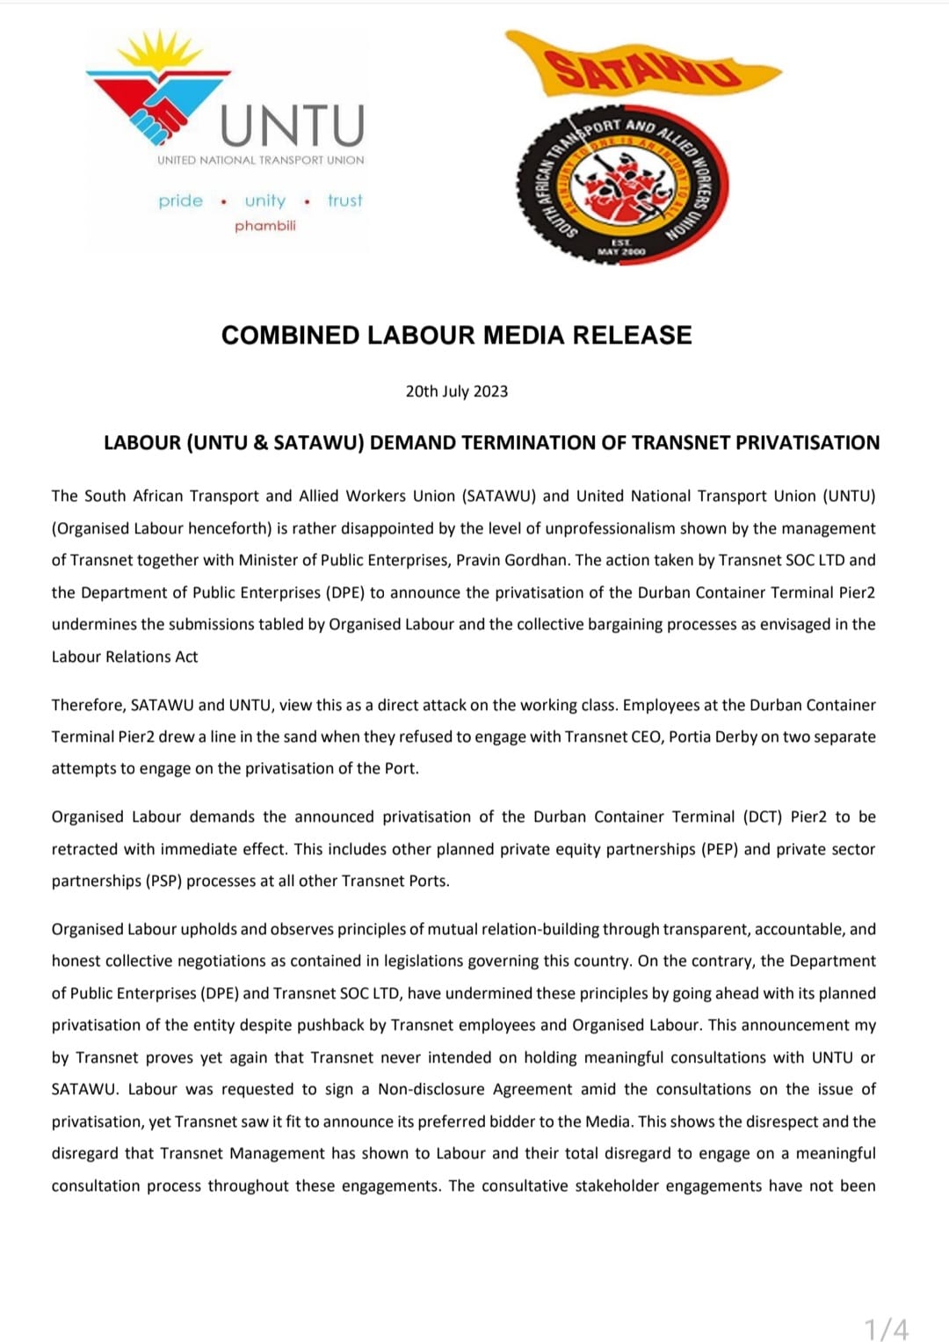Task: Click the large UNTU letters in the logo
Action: (292, 126)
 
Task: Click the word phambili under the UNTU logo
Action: (265, 226)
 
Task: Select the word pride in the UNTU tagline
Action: (180, 201)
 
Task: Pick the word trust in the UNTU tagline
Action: (344, 201)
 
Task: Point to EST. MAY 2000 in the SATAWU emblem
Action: (621, 247)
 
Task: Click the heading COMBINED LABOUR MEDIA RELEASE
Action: (456, 335)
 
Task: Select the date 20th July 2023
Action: (456, 391)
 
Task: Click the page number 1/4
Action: (886, 1328)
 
